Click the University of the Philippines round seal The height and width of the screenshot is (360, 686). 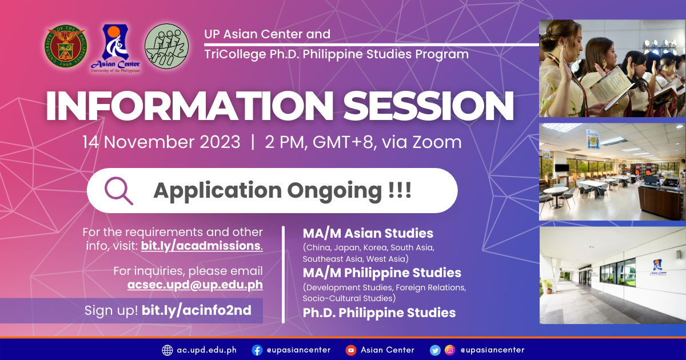pyautogui.click(x=66, y=46)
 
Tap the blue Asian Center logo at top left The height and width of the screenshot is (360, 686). pyautogui.click(x=115, y=49)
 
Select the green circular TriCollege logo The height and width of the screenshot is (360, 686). pyautogui.click(x=166, y=46)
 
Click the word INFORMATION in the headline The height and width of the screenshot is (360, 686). pyautogui.click(x=189, y=106)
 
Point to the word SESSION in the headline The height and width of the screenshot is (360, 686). pyautogui.click(x=428, y=106)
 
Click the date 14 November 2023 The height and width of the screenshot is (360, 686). pyautogui.click(x=161, y=142)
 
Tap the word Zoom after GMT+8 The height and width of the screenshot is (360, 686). pyautogui.click(x=437, y=142)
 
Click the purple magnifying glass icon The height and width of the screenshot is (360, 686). pyautogui.click(x=118, y=191)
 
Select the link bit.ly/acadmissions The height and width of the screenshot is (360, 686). pyautogui.click(x=201, y=246)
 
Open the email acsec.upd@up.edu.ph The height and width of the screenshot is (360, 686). pyautogui.click(x=195, y=285)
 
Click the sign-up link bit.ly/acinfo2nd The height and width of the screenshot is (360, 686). pyautogui.click(x=196, y=310)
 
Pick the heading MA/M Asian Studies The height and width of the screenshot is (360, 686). pyautogui.click(x=368, y=233)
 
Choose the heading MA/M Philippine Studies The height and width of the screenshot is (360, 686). pyautogui.click(x=382, y=273)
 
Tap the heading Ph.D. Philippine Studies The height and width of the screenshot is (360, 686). pyautogui.click(x=379, y=313)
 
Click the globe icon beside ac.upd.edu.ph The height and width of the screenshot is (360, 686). pyautogui.click(x=167, y=350)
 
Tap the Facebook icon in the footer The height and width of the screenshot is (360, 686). pyautogui.click(x=257, y=350)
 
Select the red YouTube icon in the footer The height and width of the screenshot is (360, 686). pyautogui.click(x=350, y=350)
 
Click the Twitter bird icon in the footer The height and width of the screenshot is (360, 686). pyautogui.click(x=435, y=350)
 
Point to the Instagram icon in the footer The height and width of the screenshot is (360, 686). pyautogui.click(x=449, y=350)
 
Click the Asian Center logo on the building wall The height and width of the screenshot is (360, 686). pyautogui.click(x=658, y=267)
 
